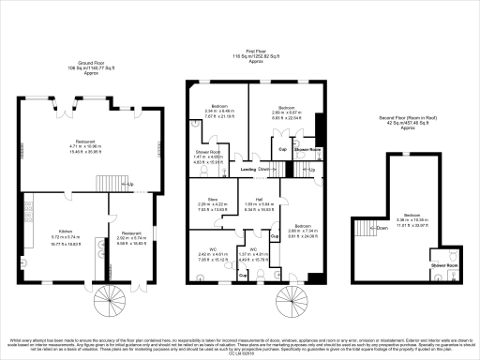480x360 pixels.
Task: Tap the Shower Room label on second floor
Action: pos(444,265)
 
